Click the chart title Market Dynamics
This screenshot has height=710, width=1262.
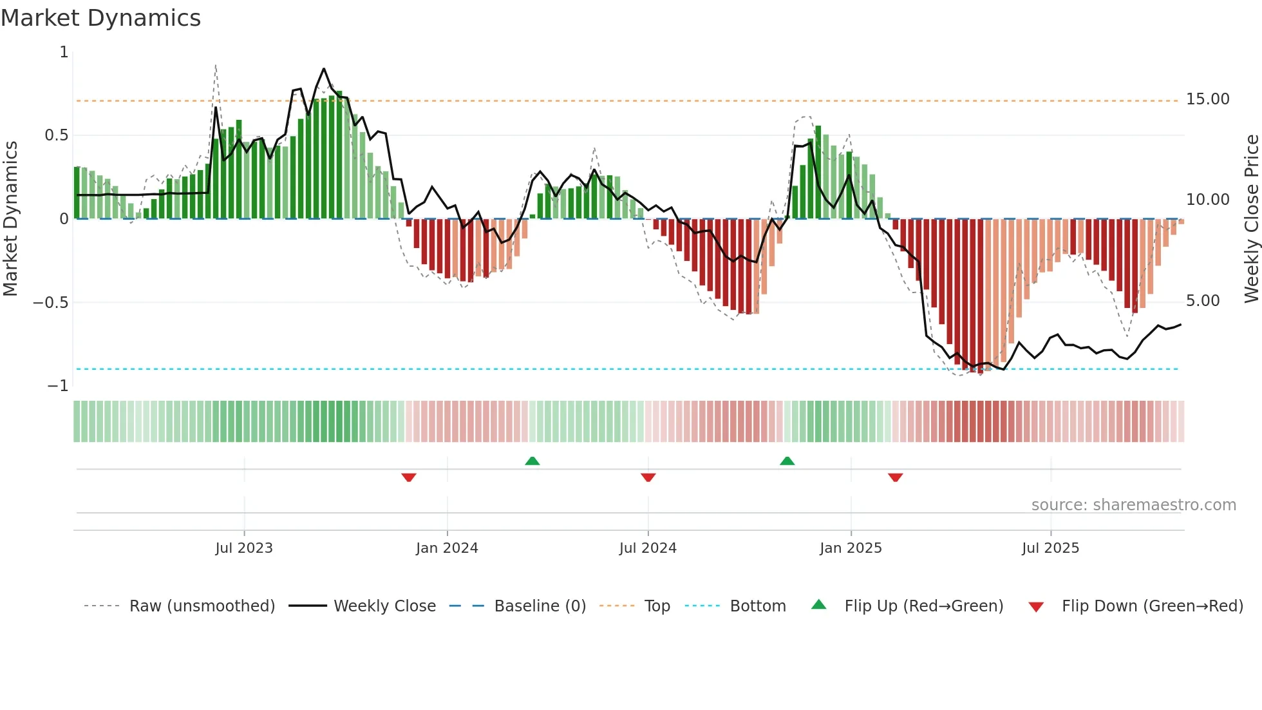[x=101, y=18]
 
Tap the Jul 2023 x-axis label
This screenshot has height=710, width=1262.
[x=244, y=548]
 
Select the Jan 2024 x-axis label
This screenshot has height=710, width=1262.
[x=447, y=548]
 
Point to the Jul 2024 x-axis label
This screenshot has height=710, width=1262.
[x=648, y=548]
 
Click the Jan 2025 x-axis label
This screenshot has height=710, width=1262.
[x=851, y=548]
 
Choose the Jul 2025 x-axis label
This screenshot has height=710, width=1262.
[x=1050, y=548]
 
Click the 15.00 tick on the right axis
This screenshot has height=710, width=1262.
[x=1207, y=99]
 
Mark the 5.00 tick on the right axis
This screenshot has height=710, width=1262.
[x=1202, y=301]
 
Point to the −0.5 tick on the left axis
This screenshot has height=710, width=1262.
[x=51, y=303]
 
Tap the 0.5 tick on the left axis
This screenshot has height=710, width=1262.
[x=56, y=135]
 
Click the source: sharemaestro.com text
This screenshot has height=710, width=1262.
[x=1133, y=505]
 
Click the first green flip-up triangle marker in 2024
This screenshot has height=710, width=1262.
[x=532, y=461]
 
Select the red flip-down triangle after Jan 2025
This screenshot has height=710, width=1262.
[x=895, y=477]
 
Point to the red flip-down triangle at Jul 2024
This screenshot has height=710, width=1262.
[x=648, y=477]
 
